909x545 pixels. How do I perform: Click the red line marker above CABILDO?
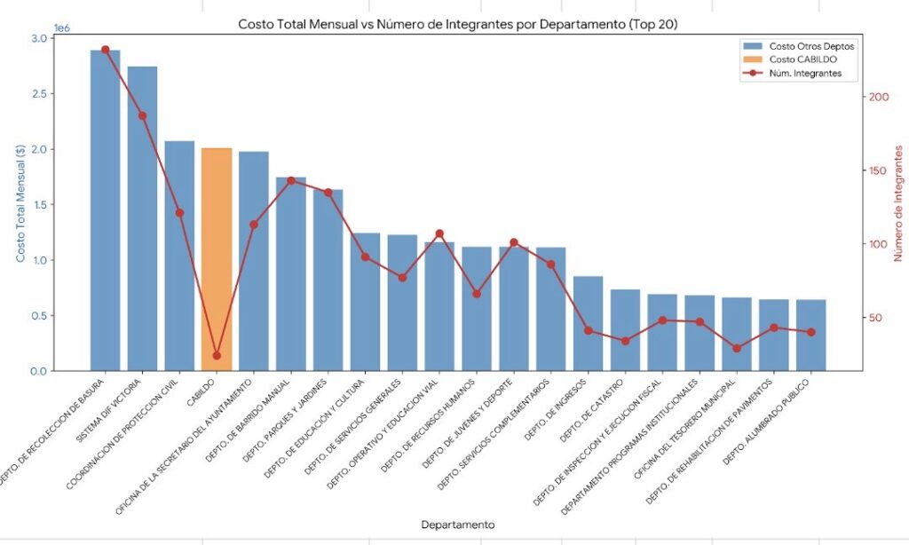point(217,355)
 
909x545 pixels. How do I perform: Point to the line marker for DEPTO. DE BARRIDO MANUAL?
point(291,180)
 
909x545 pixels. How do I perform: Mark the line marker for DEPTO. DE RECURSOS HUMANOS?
point(477,294)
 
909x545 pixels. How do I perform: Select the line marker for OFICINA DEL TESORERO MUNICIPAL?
point(736,348)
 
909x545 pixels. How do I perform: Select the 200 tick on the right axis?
point(877,97)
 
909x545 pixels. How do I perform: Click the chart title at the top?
point(457,24)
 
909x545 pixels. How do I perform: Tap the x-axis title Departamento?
point(457,524)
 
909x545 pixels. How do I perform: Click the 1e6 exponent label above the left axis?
point(62,28)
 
